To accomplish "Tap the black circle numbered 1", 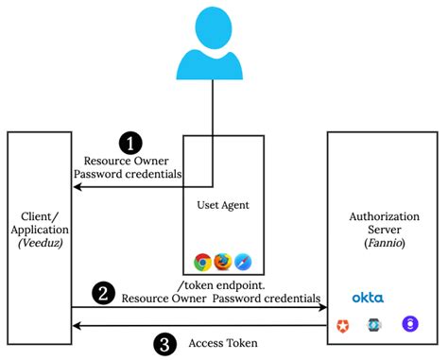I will [129, 144].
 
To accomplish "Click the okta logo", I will [368, 297].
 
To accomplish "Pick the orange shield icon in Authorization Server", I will [342, 326].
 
